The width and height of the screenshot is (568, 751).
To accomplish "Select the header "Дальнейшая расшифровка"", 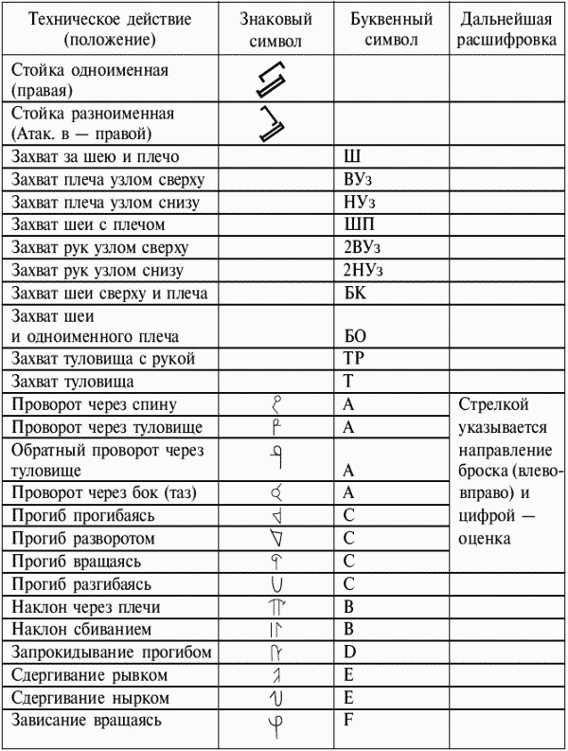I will [506, 30].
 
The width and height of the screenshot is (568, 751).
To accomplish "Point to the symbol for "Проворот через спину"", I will [277, 404].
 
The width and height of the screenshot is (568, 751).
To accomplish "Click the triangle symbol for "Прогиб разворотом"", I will [277, 539].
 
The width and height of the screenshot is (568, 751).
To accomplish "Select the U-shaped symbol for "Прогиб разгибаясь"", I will [277, 583].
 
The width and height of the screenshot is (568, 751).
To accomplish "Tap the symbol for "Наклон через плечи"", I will [277, 607].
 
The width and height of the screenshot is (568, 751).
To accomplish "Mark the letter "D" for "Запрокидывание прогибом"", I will [349, 653].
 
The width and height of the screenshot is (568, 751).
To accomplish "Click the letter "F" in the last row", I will [348, 721].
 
